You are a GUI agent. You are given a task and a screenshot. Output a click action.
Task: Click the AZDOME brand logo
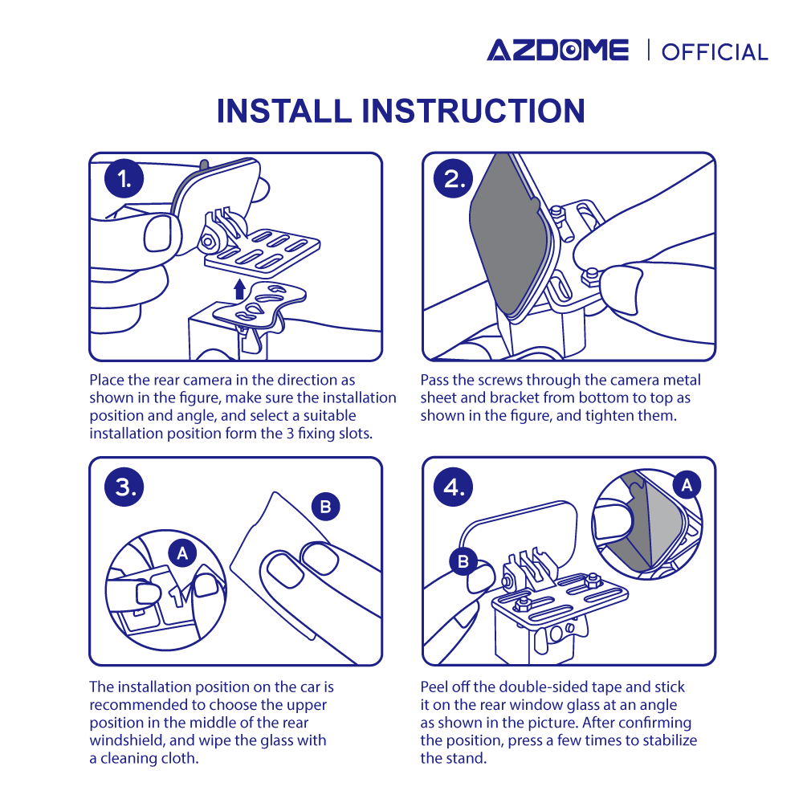pyautogui.click(x=558, y=50)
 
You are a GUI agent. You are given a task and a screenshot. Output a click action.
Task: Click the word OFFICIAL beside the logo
pyautogui.click(x=715, y=52)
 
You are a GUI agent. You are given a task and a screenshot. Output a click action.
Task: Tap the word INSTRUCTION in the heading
pyautogui.click(x=474, y=111)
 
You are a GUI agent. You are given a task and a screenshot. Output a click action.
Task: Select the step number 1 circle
pyautogui.click(x=124, y=179)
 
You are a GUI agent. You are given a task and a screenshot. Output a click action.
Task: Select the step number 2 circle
pyautogui.click(x=453, y=179)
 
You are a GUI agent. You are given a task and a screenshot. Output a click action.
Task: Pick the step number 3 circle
pyautogui.click(x=124, y=487)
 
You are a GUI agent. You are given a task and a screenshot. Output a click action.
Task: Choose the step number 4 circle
pyautogui.click(x=453, y=487)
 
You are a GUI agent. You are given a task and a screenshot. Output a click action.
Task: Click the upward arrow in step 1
pyautogui.click(x=239, y=289)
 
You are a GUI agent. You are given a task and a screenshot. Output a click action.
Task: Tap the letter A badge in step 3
pyautogui.click(x=182, y=553)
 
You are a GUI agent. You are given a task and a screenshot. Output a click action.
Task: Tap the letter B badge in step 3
pyautogui.click(x=326, y=507)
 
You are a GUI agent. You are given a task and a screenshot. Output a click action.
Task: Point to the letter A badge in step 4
pyautogui.click(x=687, y=484)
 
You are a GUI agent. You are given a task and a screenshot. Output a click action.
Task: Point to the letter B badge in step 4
pyautogui.click(x=463, y=561)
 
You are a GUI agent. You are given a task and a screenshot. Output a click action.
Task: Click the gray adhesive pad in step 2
pyautogui.click(x=509, y=235)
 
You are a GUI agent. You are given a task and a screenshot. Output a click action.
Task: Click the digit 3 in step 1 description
pyautogui.click(x=290, y=434)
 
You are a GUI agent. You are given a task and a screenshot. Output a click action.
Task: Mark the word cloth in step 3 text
pyautogui.click(x=180, y=758)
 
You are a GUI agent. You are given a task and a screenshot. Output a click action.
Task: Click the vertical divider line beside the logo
pyautogui.click(x=648, y=50)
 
